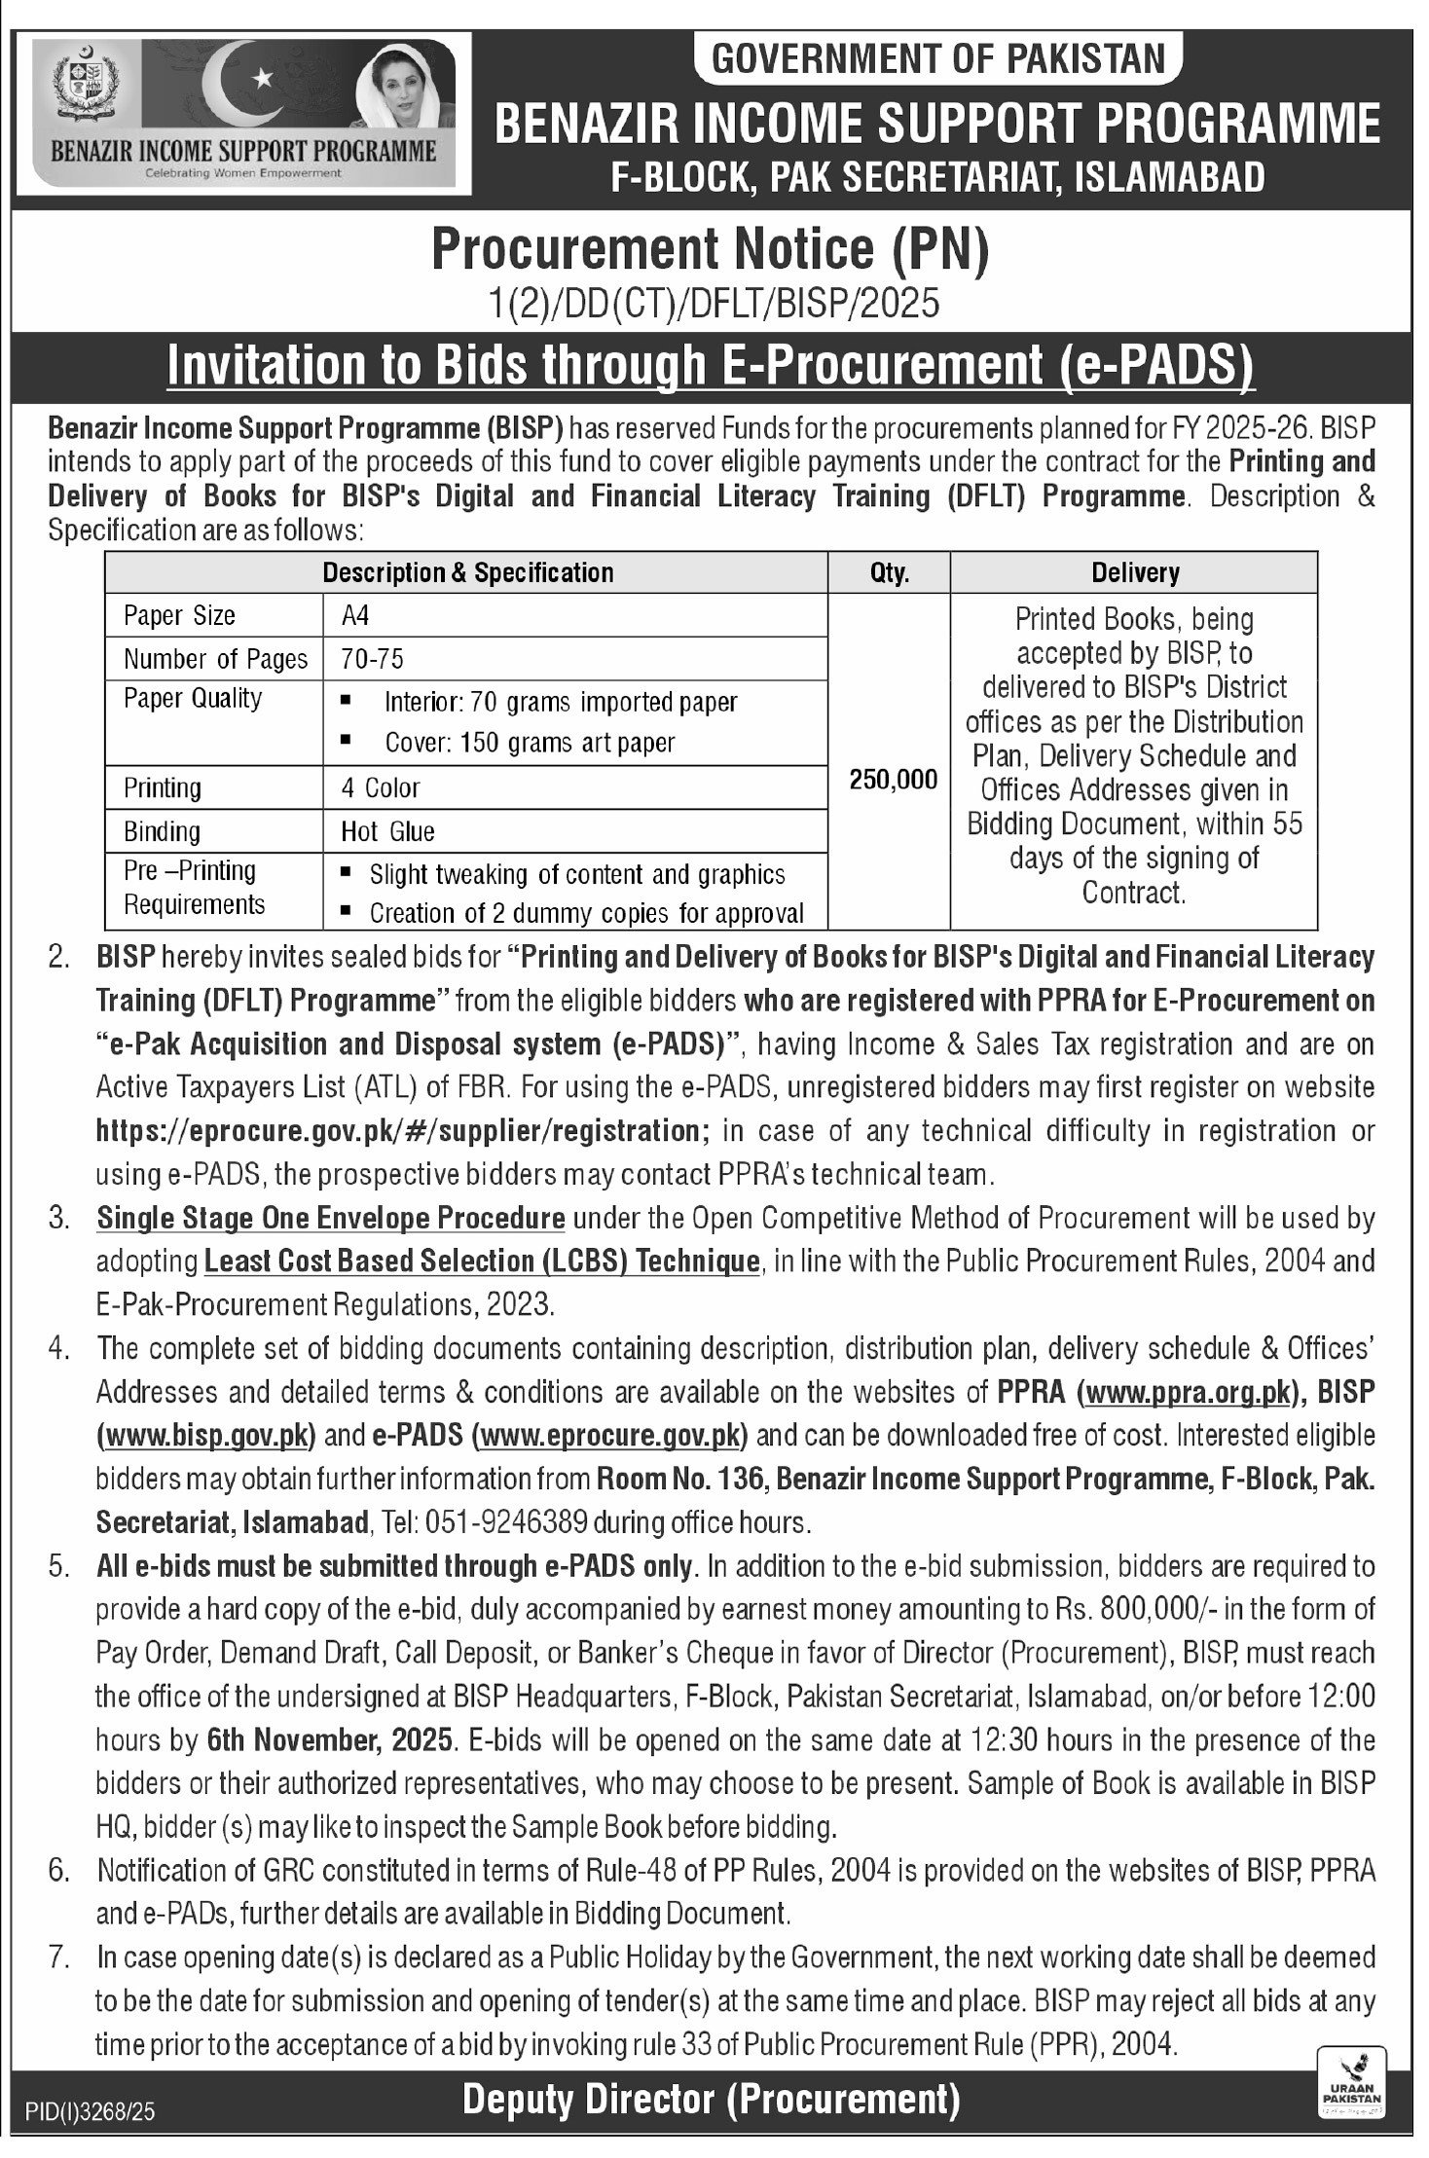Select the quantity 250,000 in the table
click(893, 779)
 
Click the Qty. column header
click(890, 572)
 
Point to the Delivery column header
click(1134, 572)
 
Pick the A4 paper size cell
click(355, 615)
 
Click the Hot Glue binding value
click(387, 831)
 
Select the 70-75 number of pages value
click(372, 659)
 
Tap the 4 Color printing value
click(380, 787)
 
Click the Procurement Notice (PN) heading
click(710, 248)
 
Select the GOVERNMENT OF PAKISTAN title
click(939, 58)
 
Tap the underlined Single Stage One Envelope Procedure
click(331, 1218)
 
